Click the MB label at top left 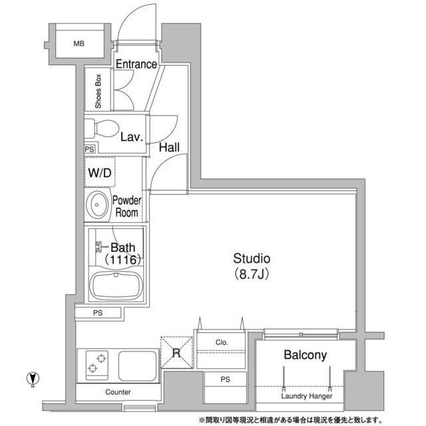pyautogui.click(x=79, y=44)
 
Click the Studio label pyautogui.click(x=251, y=258)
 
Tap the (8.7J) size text pyautogui.click(x=251, y=273)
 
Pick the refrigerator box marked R pyautogui.click(x=176, y=352)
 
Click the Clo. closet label pyautogui.click(x=222, y=343)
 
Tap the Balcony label pyautogui.click(x=306, y=355)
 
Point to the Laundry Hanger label pyautogui.click(x=306, y=397)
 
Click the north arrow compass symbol pyautogui.click(x=31, y=378)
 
